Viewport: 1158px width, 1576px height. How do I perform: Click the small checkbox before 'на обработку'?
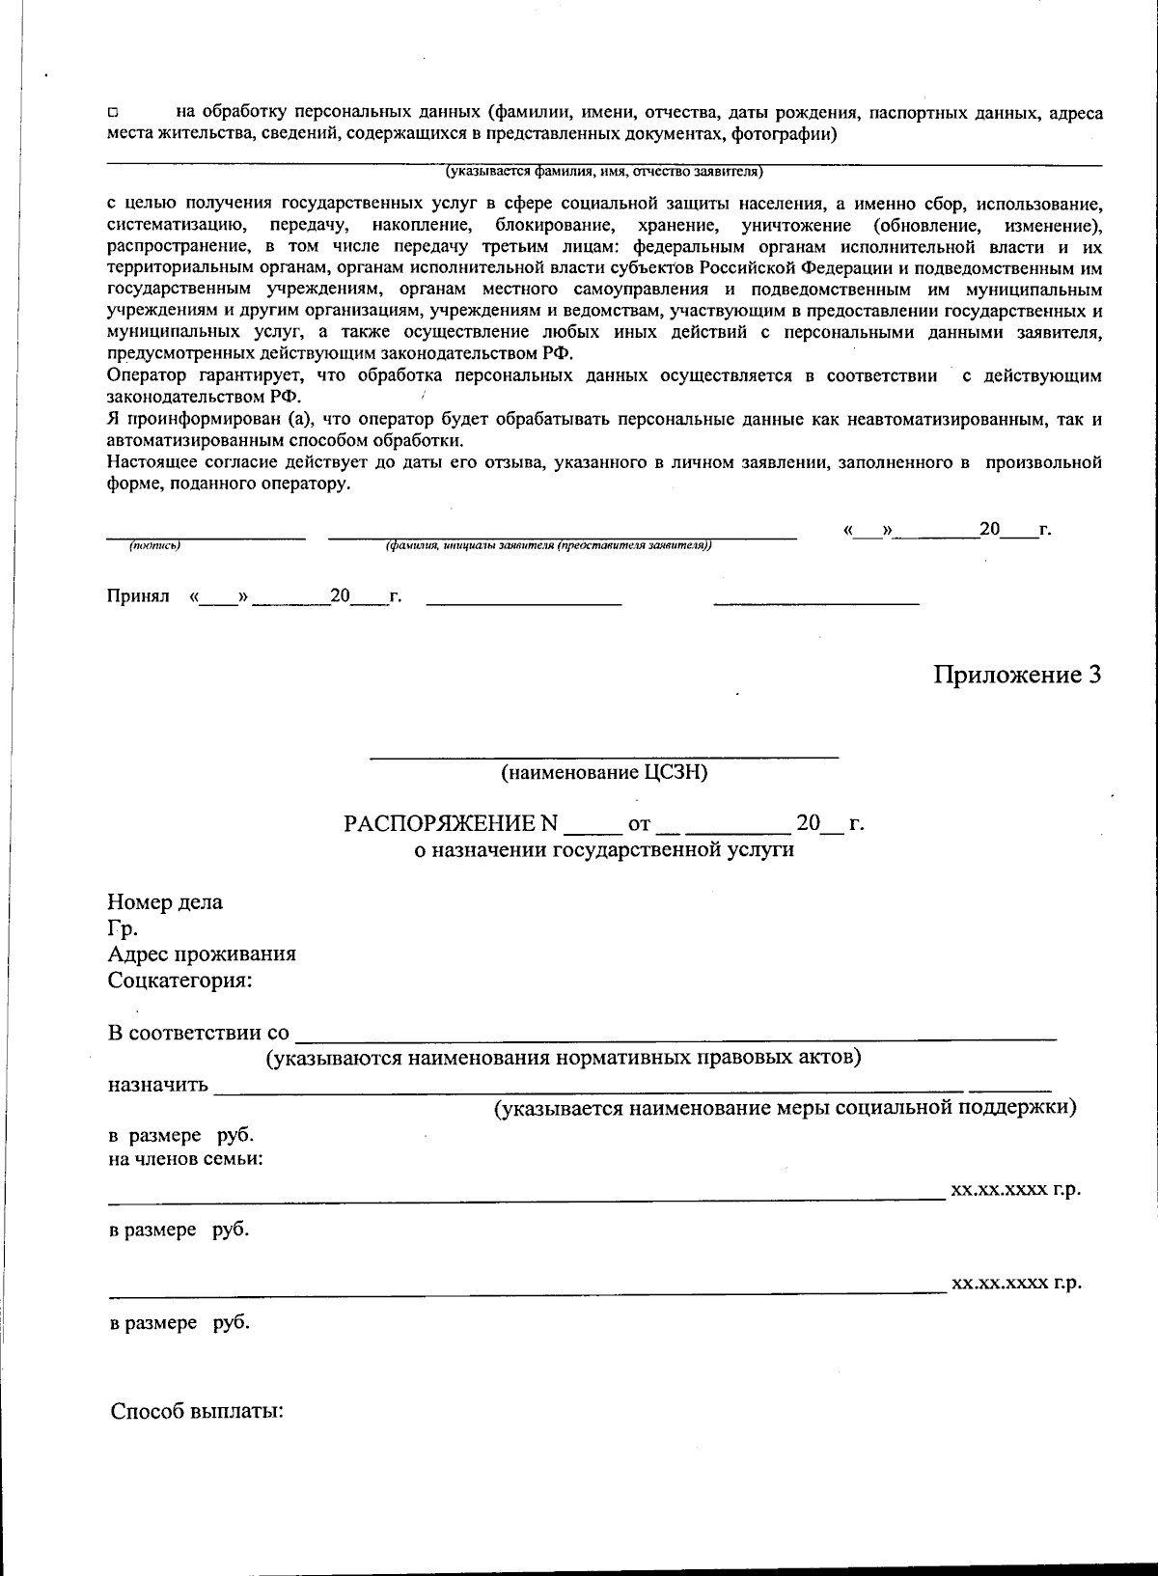point(112,115)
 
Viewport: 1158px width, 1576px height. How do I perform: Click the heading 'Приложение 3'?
point(1016,675)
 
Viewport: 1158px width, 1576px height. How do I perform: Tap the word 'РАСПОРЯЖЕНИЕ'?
point(451,824)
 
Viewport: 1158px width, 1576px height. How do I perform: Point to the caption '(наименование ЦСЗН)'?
point(604,773)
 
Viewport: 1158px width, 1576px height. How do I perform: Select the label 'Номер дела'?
point(165,902)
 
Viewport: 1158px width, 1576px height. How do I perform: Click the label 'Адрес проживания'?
point(202,954)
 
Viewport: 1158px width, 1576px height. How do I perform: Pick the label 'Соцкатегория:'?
point(179,981)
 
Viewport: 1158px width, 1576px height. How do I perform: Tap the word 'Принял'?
point(137,596)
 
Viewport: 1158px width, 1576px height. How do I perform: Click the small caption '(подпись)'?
point(155,546)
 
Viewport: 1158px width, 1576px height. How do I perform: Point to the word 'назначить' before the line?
point(157,1084)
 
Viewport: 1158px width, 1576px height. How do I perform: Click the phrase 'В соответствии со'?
point(198,1033)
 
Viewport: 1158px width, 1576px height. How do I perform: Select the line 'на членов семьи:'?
point(185,1158)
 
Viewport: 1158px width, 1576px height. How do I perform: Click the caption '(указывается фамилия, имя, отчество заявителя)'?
point(604,173)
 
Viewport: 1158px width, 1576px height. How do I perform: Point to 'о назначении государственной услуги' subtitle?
point(604,850)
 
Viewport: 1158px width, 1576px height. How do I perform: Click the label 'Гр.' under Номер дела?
point(123,928)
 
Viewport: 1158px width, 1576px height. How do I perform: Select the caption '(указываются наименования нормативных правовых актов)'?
point(564,1057)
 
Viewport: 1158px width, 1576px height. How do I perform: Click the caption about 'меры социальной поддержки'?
point(786,1107)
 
